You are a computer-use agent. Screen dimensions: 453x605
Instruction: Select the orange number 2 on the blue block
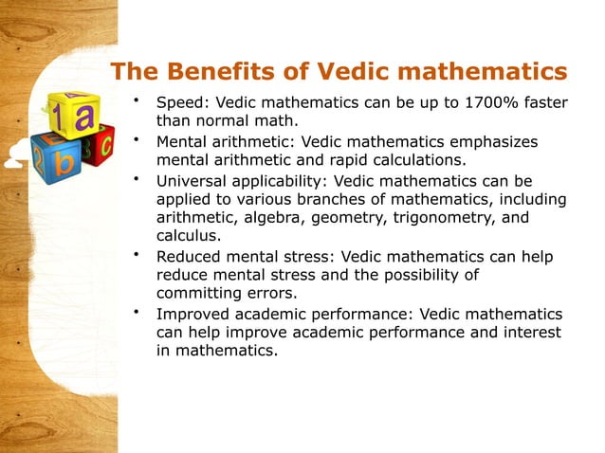[39, 156]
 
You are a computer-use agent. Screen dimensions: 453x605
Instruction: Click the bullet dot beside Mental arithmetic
[137, 140]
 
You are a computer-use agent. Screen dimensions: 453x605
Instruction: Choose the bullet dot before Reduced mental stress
[137, 254]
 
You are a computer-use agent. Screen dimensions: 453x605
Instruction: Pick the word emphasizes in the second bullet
[496, 141]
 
